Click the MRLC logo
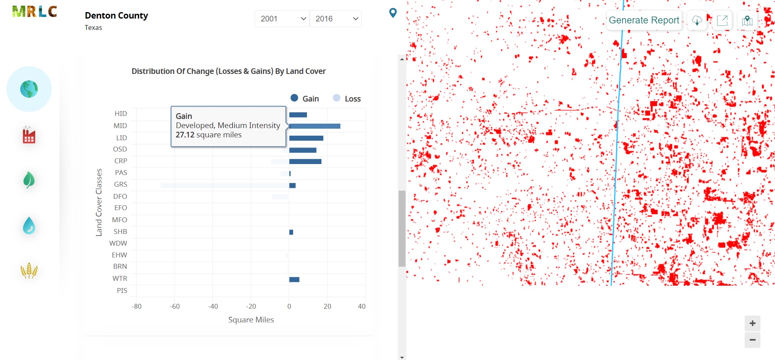tap(34, 12)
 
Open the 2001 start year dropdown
tap(282, 19)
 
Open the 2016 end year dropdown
tap(336, 19)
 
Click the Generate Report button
tap(644, 20)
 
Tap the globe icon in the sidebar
tap(29, 89)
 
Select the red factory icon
tap(29, 135)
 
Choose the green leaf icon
tap(29, 180)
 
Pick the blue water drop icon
tap(29, 225)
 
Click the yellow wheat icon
tap(29, 270)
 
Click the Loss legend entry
tap(347, 99)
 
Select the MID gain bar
tap(315, 126)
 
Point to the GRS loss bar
tap(224, 185)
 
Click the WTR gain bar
tap(294, 280)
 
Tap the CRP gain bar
tap(305, 162)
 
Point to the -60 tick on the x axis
tap(175, 306)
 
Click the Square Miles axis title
tap(251, 320)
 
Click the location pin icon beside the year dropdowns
tap(393, 13)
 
